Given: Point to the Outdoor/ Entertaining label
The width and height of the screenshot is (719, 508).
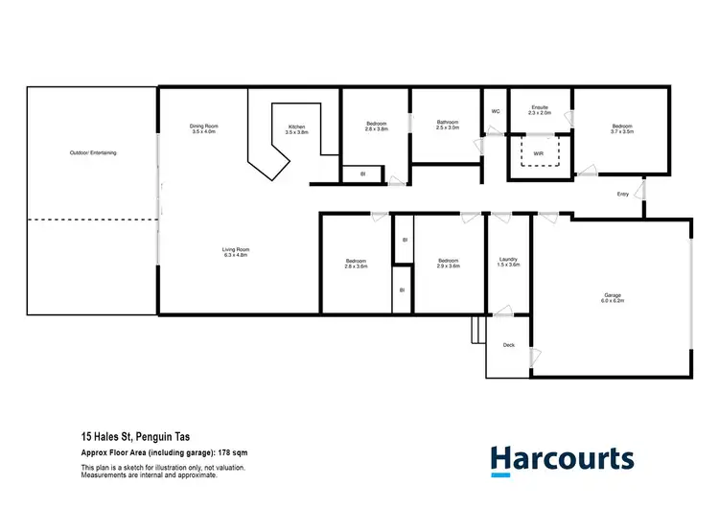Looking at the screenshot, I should point(93,153).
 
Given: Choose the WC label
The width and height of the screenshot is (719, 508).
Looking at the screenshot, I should point(495,111).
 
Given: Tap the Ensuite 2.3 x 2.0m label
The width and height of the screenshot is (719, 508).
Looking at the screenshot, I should point(540,110).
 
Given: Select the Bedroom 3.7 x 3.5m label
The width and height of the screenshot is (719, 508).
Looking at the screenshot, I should point(622,129).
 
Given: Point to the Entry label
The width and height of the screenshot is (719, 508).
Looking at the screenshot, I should point(623,195).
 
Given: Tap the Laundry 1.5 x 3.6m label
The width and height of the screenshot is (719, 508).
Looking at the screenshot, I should point(509,262).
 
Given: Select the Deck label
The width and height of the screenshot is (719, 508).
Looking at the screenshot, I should point(509,344).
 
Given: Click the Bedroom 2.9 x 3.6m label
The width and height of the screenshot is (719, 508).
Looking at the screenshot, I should point(449,263).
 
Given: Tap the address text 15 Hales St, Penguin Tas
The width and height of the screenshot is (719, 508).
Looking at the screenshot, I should point(134,436).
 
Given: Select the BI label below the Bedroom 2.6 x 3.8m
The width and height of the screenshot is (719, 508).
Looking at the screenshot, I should point(362,173).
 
